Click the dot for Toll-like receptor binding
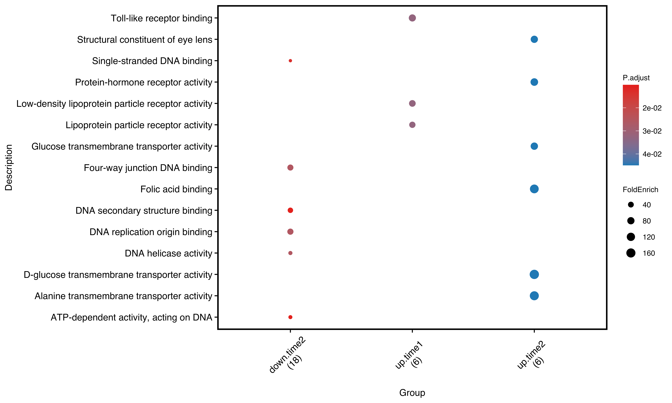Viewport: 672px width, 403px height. [412, 18]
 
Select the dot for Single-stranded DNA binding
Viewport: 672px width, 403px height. [290, 61]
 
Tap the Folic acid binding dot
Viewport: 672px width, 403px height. [534, 189]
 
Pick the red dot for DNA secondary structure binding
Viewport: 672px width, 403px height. [290, 210]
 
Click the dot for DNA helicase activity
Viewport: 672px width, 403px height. [290, 253]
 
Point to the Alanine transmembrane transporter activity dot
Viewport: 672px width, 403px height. [534, 296]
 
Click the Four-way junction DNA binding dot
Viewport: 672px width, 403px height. [290, 168]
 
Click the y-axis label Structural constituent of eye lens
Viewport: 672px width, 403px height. [144, 40]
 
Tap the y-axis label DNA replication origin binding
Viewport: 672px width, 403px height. [151, 232]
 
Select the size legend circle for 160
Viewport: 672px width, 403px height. [631, 253]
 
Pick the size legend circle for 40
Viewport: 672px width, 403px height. [631, 205]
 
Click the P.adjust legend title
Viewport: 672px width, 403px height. [636, 78]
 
